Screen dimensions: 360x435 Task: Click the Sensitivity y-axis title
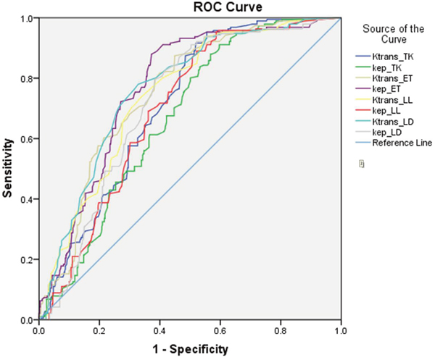9,169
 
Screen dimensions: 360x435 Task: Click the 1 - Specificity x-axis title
190,348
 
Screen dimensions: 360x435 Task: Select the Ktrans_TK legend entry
394,56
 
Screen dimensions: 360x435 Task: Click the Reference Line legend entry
402,143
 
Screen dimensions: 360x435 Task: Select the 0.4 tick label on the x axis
159,330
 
